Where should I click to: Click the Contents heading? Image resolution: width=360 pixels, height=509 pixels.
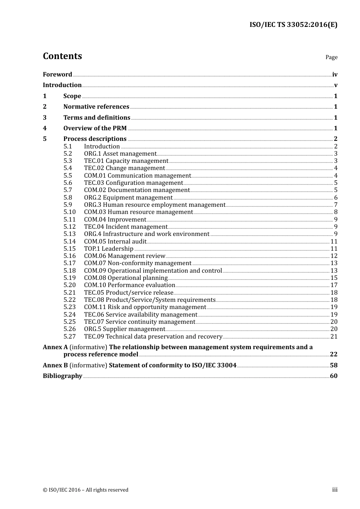click(62, 56)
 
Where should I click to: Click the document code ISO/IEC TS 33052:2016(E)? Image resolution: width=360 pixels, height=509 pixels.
click(293, 25)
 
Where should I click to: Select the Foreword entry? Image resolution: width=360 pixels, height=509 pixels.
click(57, 75)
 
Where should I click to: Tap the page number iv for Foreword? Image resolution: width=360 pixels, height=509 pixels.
click(335, 75)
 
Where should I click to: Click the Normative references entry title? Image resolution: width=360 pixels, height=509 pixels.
click(96, 107)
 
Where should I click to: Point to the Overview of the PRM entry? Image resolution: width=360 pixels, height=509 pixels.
click(95, 128)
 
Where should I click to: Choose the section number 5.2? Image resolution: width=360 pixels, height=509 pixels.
click(67, 154)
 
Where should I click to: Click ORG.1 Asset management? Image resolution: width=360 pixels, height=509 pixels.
click(120, 154)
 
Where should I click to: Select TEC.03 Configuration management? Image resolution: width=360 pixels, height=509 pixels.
click(133, 183)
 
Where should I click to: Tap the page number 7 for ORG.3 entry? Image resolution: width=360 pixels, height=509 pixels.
click(335, 205)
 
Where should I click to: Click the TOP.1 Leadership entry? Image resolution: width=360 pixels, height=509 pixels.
click(108, 249)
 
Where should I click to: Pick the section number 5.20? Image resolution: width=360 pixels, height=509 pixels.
click(69, 285)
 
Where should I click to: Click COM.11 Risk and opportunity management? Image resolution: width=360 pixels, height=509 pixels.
click(145, 307)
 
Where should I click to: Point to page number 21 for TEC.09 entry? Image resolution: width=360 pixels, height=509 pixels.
click(334, 337)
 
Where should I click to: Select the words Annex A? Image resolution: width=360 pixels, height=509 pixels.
click(55, 347)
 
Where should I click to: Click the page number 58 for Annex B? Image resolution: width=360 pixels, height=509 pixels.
click(333, 365)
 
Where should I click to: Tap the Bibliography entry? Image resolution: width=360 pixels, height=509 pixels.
click(63, 376)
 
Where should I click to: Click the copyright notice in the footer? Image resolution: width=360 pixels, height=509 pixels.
click(86, 490)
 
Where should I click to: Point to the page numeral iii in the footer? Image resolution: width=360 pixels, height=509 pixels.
click(335, 490)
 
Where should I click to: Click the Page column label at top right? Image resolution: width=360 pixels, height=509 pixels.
click(331, 57)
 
